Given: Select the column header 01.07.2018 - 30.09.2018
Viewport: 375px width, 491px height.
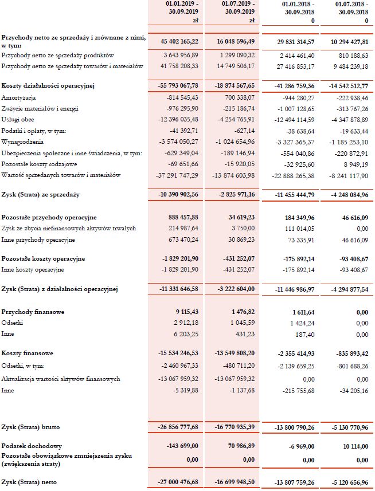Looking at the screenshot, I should (351, 8).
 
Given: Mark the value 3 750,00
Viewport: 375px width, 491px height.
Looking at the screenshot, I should (242, 228).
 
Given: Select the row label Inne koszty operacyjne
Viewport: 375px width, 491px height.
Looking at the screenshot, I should (33, 269).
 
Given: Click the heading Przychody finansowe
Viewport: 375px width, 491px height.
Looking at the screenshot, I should (33, 312).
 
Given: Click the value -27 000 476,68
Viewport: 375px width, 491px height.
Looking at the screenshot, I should (179, 483).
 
